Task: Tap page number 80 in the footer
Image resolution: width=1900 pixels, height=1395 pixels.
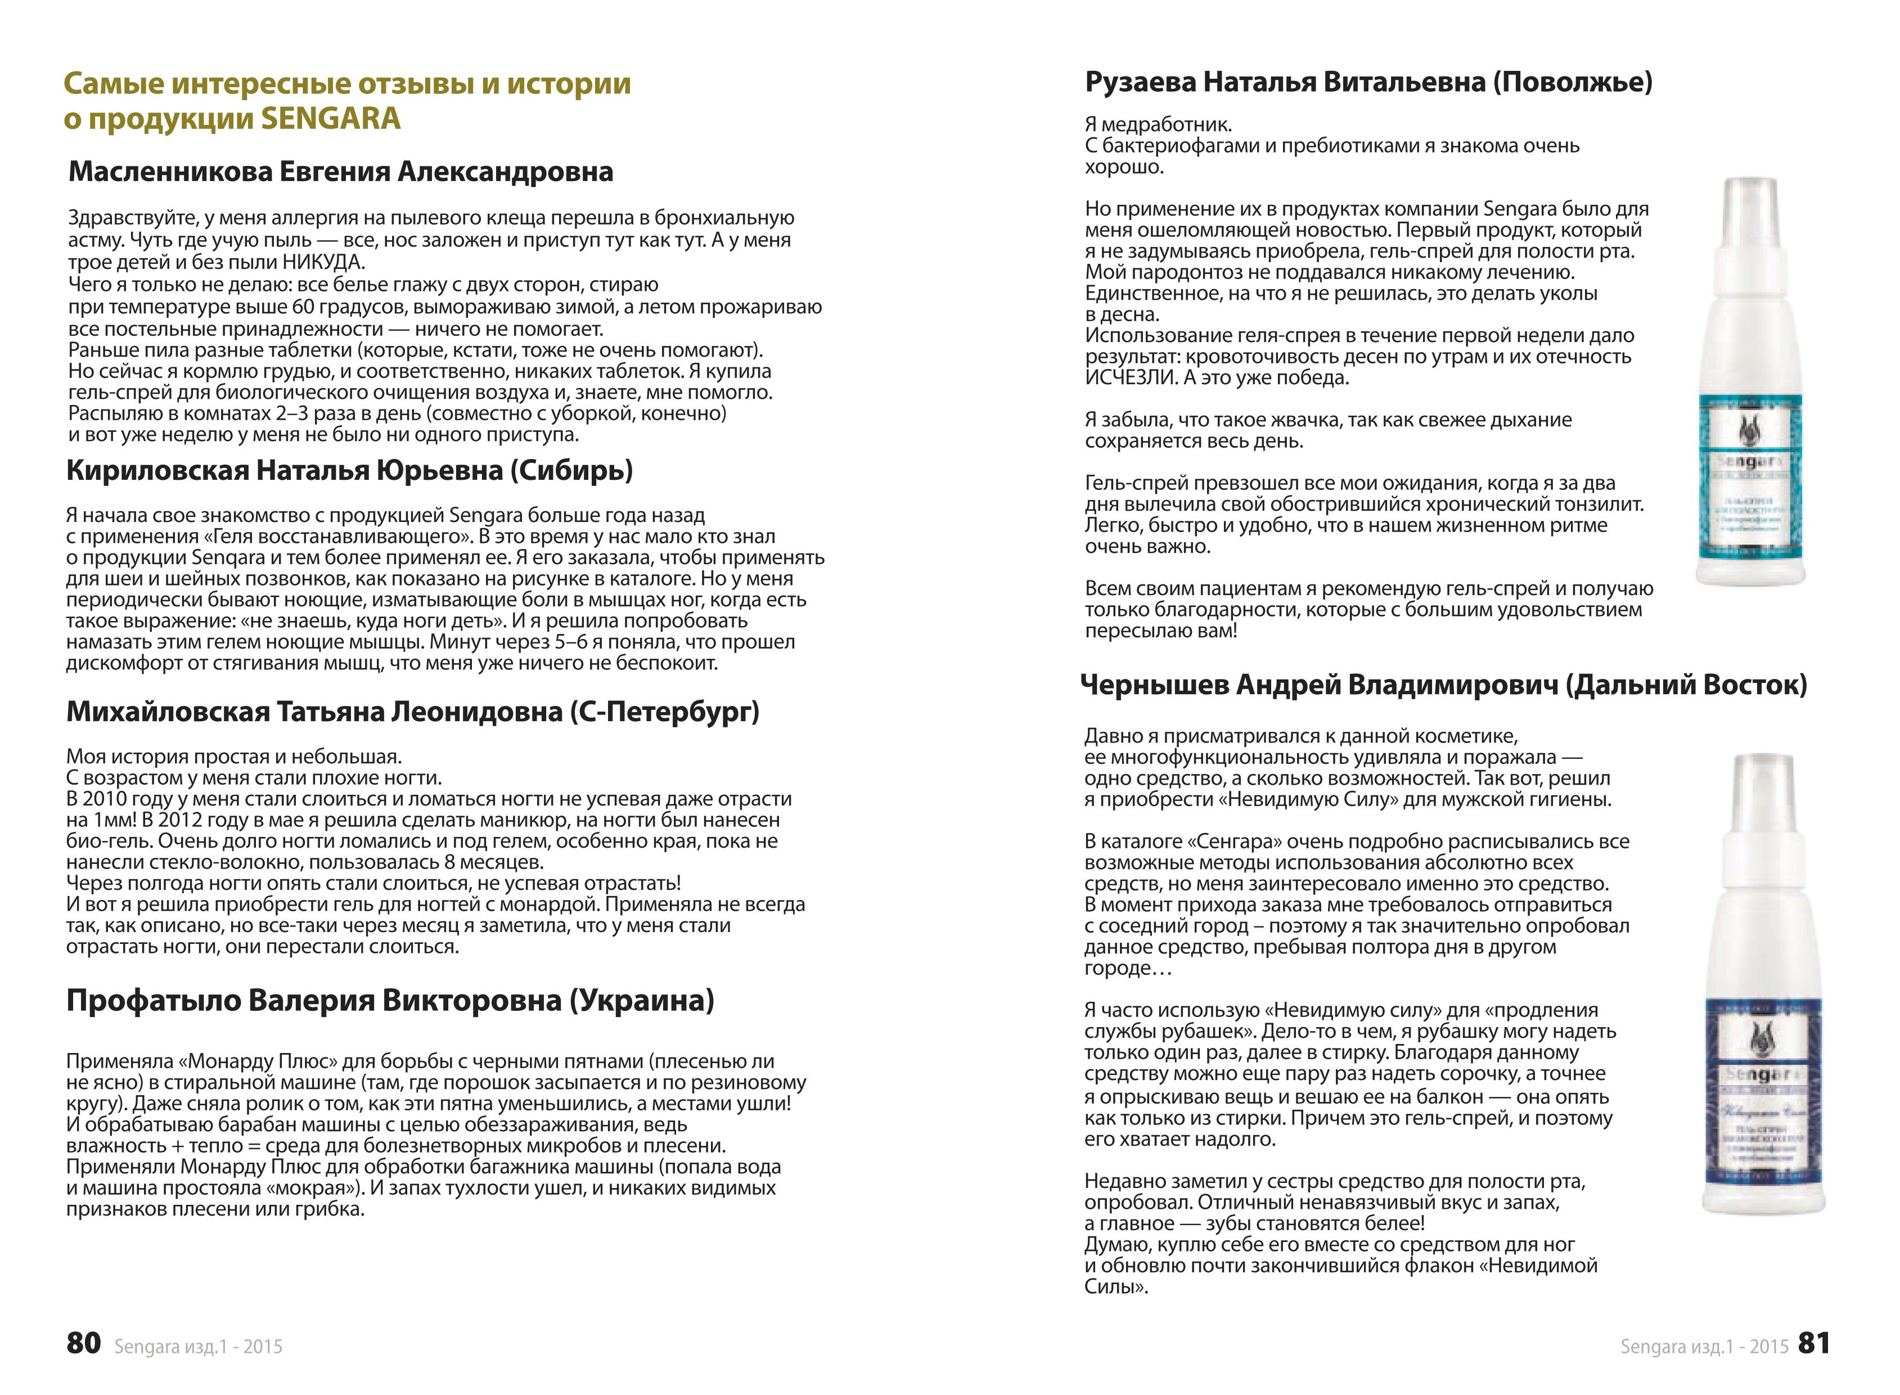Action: point(84,1343)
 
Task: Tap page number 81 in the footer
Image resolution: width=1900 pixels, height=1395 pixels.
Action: point(1814,1343)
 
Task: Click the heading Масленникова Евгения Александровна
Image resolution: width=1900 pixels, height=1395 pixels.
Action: point(340,172)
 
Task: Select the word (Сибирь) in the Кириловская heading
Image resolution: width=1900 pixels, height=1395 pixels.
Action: point(571,470)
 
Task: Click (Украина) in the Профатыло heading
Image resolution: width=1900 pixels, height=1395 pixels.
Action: point(641,1001)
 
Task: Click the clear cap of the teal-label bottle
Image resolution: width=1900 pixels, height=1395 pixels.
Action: point(1750,211)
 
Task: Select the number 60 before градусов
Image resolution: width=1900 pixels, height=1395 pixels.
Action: point(303,307)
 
